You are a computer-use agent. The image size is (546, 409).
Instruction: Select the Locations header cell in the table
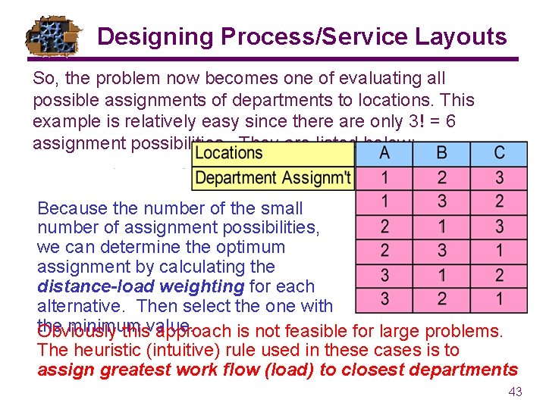click(228, 153)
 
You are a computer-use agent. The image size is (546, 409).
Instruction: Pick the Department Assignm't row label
click(273, 178)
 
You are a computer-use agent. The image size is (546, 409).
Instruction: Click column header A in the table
click(384, 153)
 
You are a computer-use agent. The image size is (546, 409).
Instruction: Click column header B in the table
click(441, 153)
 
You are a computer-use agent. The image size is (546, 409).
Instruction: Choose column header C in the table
click(498, 153)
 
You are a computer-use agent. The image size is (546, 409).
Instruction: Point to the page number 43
click(515, 392)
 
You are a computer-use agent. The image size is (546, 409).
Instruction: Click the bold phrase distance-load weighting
click(140, 286)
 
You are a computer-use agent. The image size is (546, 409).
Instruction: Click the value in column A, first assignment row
click(384, 178)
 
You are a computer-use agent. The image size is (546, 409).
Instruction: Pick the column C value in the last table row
click(498, 298)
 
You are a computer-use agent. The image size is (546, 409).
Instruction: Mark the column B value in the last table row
click(441, 298)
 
